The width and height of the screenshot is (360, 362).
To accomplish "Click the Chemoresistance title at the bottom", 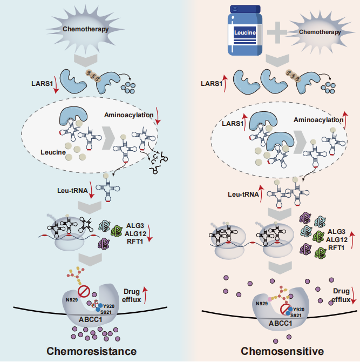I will tap(90, 351).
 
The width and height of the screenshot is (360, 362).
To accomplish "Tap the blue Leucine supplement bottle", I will tap(243, 31).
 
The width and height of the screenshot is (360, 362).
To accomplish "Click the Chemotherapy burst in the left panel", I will tap(81, 29).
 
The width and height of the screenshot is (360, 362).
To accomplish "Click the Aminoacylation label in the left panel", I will tap(125, 115).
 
